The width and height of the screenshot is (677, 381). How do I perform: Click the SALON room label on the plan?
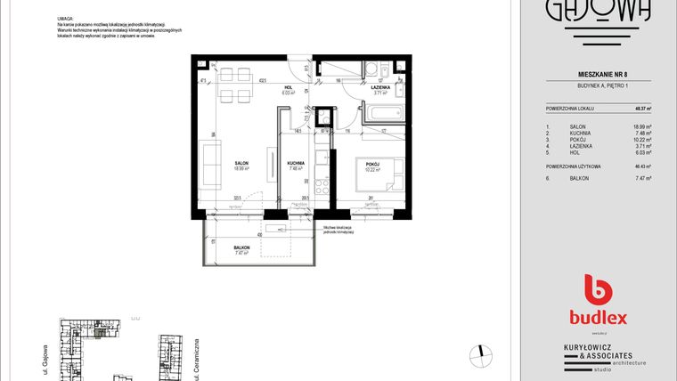tap(241, 163)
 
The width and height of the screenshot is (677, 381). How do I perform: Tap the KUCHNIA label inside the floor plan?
tap(297, 163)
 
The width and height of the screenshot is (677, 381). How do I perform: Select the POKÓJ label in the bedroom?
tap(372, 165)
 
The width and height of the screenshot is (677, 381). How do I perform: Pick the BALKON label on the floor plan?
tap(241, 248)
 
